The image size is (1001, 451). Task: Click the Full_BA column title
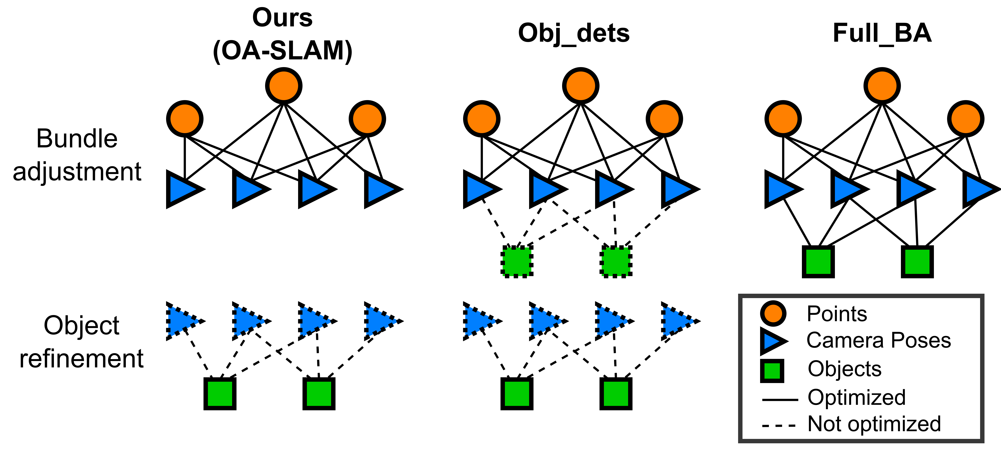882,33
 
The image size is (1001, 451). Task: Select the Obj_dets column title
574,33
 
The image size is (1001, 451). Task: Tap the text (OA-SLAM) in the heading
282,51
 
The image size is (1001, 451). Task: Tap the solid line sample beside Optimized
780,399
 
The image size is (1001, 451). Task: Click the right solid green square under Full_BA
917,261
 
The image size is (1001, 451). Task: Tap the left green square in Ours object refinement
220,394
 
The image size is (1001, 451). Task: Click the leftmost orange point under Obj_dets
481,119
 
